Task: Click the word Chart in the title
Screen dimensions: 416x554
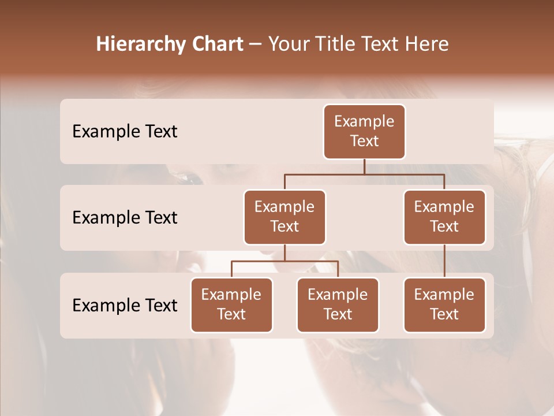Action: pos(216,44)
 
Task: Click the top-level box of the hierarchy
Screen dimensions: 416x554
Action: pos(364,132)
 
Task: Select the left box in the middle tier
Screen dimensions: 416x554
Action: pos(285,217)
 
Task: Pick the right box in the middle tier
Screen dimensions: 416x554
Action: pos(444,217)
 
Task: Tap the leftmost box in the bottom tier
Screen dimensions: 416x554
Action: pos(231,305)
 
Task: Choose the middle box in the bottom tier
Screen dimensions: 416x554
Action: pos(338,305)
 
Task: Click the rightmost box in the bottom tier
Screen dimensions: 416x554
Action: pos(444,305)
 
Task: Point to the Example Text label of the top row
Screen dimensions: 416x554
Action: pos(125,132)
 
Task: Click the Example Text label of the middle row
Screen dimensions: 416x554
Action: pos(125,218)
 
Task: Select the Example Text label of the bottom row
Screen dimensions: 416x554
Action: pos(125,306)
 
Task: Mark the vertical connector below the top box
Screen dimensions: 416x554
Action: pos(364,166)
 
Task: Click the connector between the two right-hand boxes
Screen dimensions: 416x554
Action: pos(444,261)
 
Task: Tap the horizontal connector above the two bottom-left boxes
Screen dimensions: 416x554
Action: pos(285,262)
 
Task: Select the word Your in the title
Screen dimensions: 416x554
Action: pos(289,44)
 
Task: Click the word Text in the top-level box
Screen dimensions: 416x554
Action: pos(364,141)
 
